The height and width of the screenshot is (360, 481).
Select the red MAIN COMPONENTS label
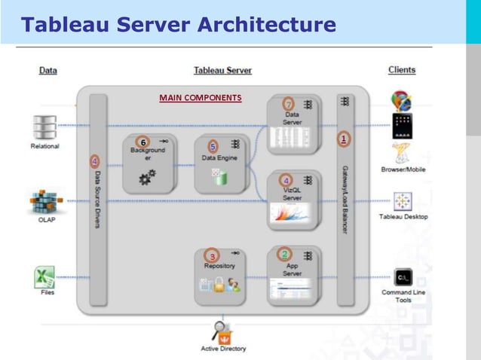(200, 97)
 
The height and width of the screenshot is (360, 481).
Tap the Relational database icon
(45, 126)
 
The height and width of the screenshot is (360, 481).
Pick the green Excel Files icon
(44, 277)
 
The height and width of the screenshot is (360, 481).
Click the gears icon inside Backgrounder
(147, 178)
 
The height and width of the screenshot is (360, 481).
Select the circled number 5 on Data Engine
(213, 146)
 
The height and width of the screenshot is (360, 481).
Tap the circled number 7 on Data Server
(288, 103)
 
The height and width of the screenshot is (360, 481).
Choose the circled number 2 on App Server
(285, 254)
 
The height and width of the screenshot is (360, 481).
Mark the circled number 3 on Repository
(213, 256)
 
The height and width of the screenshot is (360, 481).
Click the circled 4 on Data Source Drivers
(94, 160)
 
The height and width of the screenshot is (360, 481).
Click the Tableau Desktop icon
(403, 201)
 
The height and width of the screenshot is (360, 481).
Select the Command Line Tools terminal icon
(403, 277)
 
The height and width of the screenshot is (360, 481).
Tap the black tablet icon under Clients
(403, 126)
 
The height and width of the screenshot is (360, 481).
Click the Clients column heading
(402, 70)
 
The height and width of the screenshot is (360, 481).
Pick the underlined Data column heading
(47, 71)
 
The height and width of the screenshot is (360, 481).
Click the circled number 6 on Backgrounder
(142, 141)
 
